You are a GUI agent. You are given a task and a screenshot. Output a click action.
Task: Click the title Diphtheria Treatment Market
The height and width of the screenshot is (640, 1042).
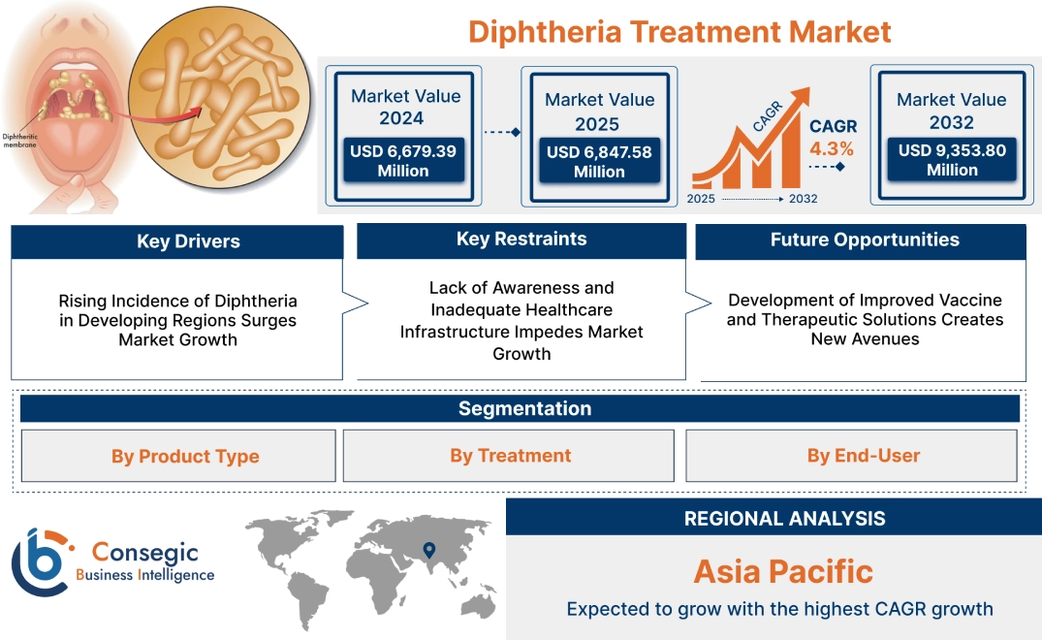coord(679,31)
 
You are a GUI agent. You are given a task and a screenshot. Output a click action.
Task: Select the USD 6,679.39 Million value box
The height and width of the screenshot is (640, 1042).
coord(402,161)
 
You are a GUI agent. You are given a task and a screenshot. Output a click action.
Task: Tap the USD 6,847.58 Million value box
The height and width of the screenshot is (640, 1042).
coord(599,162)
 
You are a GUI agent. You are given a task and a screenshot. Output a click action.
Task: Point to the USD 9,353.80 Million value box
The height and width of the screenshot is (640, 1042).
coord(951,160)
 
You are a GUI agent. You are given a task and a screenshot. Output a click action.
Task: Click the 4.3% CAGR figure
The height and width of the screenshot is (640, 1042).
coord(832,149)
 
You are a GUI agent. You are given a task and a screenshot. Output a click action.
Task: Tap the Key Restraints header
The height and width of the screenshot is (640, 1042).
coord(521,240)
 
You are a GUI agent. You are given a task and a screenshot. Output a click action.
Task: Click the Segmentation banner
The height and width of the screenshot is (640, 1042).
coord(524,408)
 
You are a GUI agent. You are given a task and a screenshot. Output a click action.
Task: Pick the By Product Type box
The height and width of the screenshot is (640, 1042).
coord(185,456)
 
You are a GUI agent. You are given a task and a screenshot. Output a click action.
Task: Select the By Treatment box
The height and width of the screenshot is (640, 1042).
coord(510,456)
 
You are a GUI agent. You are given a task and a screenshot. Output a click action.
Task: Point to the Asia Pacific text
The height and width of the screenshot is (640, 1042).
coord(783,571)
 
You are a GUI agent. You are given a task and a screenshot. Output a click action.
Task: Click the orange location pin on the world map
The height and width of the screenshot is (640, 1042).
coord(427,552)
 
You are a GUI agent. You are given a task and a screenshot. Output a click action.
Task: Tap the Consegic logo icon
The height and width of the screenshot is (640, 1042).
coord(40,562)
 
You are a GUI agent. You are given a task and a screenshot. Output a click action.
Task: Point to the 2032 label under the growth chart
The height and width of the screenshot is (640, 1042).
coord(803,199)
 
